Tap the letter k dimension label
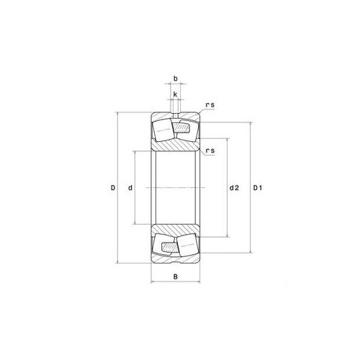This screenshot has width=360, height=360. [x=175, y=94]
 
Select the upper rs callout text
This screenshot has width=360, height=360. [x=209, y=106]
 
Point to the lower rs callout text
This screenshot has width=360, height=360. [x=210, y=150]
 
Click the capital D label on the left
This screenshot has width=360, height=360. [x=113, y=189]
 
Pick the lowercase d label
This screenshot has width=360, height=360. [x=130, y=189]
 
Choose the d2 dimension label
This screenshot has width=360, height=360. [x=234, y=189]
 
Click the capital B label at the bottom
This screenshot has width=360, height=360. [x=175, y=276]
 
